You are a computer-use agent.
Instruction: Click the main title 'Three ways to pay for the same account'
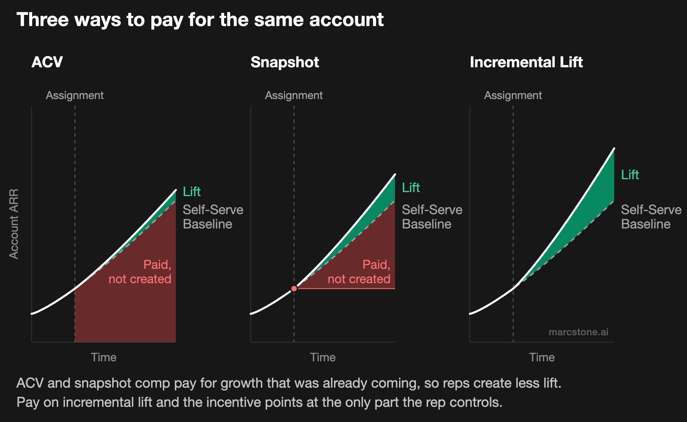coord(200,20)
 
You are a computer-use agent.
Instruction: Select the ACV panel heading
coord(47,62)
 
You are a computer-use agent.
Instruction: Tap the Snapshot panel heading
coord(285,62)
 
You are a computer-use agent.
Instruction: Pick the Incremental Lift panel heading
coord(526,62)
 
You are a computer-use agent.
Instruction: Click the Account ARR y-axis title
coord(14,224)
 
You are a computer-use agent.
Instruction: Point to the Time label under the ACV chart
coord(104,357)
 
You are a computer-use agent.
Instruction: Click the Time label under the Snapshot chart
coord(323,357)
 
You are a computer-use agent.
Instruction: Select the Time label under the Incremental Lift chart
coord(542,357)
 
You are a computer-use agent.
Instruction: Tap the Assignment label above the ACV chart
coord(75,95)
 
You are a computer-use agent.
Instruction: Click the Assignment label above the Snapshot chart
coord(294,95)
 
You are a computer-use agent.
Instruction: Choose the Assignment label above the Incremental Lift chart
coord(513,95)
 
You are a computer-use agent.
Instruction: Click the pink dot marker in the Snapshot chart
coord(294,288)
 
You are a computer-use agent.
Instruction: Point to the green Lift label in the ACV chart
coord(192,192)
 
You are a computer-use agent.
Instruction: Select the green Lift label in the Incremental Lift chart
coord(630,175)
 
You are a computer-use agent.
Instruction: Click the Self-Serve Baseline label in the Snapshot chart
coord(432,217)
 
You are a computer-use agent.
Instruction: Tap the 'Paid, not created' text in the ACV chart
coord(140,272)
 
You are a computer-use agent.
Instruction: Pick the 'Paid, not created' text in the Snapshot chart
coord(359,272)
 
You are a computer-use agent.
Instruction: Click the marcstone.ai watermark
coord(579,332)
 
